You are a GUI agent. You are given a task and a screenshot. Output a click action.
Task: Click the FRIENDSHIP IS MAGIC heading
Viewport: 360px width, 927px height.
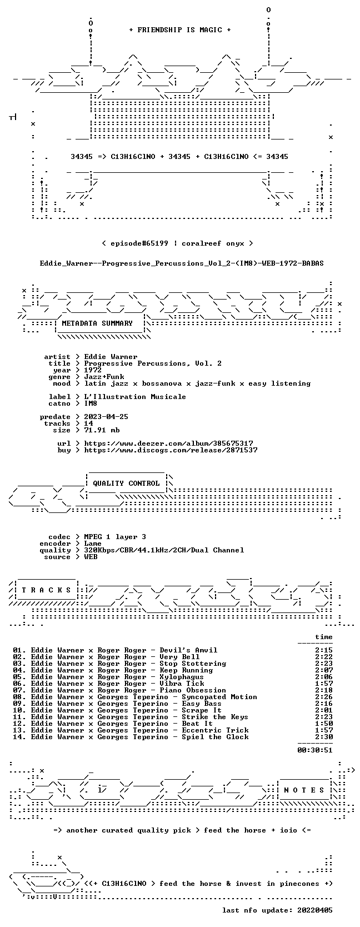click(x=180, y=30)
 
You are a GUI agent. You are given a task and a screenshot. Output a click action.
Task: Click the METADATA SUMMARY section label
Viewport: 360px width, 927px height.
click(x=97, y=323)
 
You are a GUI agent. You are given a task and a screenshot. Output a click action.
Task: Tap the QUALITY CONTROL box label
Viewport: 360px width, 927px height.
click(x=126, y=484)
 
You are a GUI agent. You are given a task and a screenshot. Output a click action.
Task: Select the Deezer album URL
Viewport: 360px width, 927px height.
click(x=168, y=443)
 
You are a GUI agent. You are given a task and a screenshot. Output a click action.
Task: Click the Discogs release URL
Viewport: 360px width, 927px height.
click(x=171, y=450)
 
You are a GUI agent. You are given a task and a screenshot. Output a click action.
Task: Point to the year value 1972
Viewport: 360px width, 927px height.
click(x=93, y=370)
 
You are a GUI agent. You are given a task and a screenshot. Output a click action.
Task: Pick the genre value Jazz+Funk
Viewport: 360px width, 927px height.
click(x=104, y=377)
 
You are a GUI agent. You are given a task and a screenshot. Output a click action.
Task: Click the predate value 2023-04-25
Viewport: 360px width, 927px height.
click(x=106, y=417)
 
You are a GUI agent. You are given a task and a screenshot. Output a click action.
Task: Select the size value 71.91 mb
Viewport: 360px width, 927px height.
click(x=102, y=430)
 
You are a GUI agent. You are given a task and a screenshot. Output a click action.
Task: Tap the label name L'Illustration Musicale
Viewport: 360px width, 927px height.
click(x=135, y=397)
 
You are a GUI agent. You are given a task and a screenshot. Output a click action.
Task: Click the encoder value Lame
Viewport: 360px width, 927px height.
click(x=93, y=544)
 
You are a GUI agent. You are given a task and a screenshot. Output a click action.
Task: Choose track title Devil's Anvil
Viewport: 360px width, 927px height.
click(x=188, y=650)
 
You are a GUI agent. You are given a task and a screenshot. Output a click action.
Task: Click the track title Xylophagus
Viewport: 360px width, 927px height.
click(x=182, y=676)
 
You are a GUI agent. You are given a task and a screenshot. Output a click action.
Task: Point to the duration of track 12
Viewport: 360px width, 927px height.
click(x=323, y=724)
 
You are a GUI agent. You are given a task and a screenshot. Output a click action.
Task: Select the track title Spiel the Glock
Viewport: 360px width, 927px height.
click(x=215, y=736)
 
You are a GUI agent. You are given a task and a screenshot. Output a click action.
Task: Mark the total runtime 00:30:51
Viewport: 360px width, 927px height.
click(x=315, y=750)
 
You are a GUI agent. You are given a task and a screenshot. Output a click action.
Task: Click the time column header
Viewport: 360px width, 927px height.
click(x=323, y=637)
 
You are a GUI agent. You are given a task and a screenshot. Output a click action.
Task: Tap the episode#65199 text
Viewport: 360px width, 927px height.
click(x=139, y=243)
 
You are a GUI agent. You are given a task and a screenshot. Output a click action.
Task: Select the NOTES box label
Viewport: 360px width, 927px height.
click(x=304, y=790)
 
